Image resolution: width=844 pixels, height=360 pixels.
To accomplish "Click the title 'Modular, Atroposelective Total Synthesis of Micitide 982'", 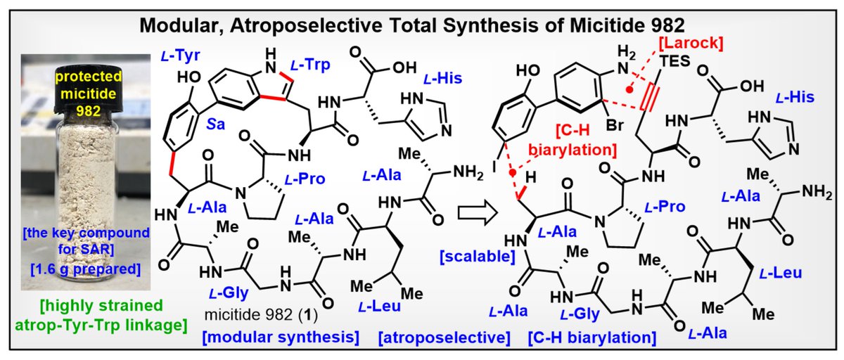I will click(x=421, y=26).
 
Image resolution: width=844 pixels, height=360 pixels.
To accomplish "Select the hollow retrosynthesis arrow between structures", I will click(x=471, y=210).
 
